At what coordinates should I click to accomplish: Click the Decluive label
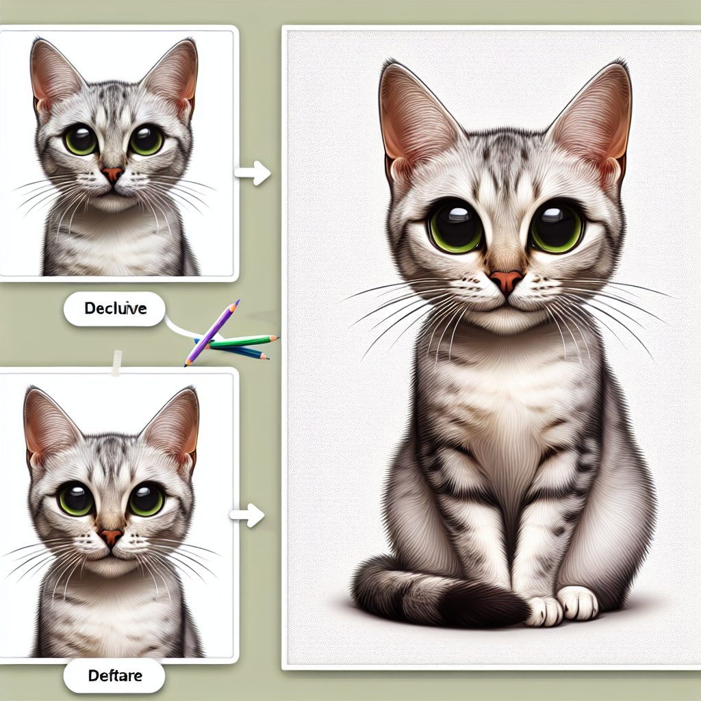pos(115,309)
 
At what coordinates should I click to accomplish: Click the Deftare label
pos(115,676)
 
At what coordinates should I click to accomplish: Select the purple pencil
pos(212,331)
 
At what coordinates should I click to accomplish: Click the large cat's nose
pos(506,280)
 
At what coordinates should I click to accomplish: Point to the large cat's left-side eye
pos(457,226)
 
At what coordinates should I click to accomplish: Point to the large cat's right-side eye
pos(557,226)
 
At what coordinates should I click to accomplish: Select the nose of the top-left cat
pos(112,174)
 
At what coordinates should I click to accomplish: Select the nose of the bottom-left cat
pos(110,537)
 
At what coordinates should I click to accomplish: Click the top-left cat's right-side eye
pos(146,140)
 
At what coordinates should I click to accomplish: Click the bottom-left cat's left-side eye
pos(76,499)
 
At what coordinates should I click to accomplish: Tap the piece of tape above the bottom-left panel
pos(116,363)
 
